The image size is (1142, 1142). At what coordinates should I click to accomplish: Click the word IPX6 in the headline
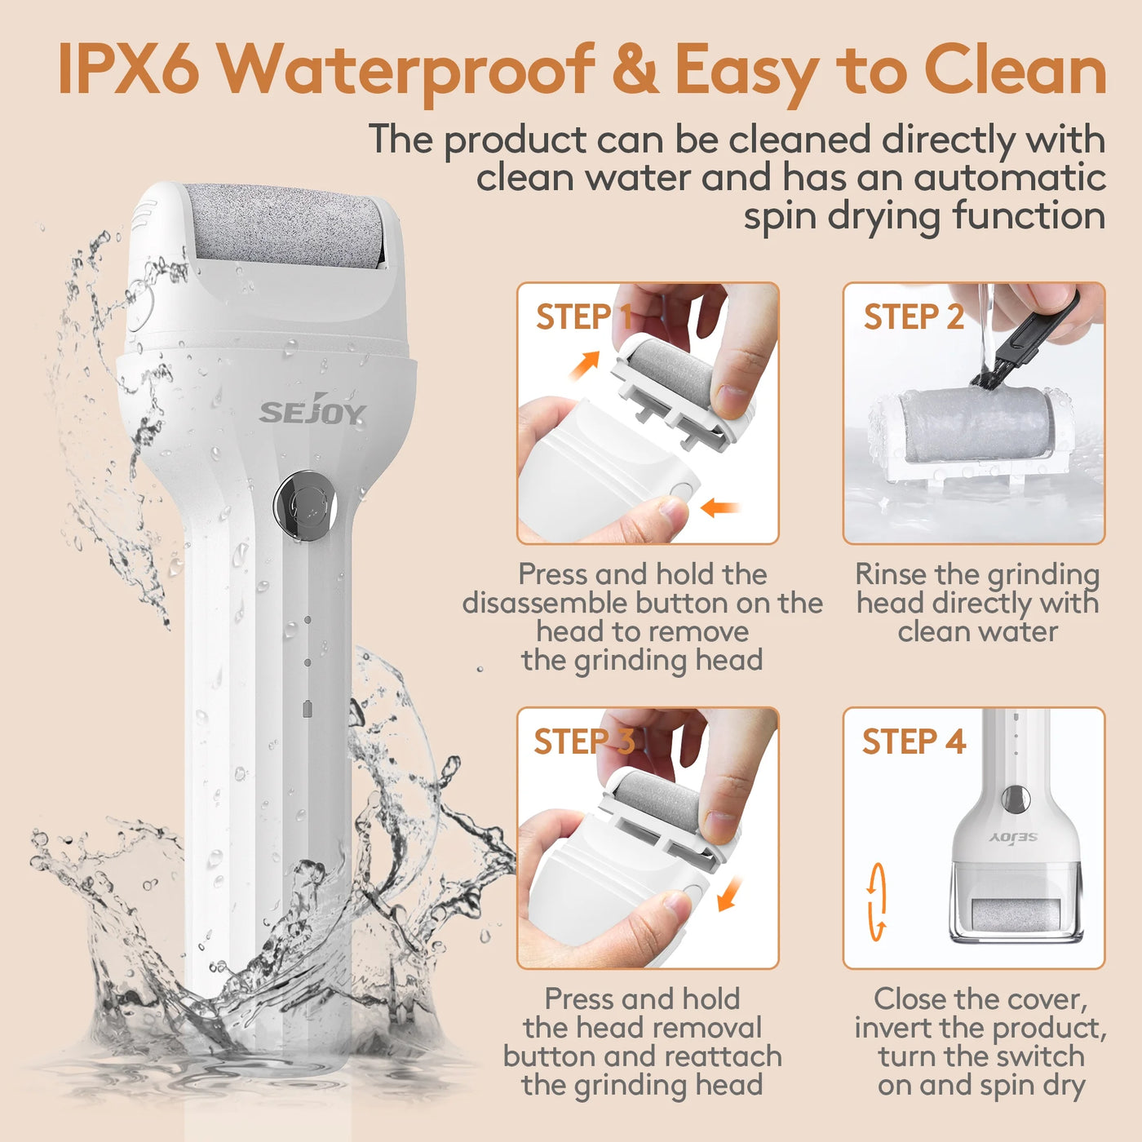(128, 69)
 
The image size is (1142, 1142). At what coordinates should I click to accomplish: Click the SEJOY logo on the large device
(312, 413)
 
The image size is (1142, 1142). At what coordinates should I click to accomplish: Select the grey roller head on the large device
(285, 224)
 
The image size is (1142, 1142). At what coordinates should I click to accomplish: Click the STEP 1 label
(583, 317)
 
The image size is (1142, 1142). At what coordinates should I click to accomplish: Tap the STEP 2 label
(914, 317)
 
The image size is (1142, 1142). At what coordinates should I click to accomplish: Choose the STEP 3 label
(583, 742)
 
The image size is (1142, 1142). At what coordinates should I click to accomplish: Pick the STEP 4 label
(914, 742)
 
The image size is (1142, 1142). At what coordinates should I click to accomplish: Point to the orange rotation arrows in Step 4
(877, 902)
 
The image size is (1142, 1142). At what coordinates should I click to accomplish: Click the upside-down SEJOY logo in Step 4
(1013, 838)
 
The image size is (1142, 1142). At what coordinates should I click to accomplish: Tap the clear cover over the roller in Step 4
(1015, 905)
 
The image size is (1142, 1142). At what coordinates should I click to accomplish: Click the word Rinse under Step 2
(891, 574)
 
